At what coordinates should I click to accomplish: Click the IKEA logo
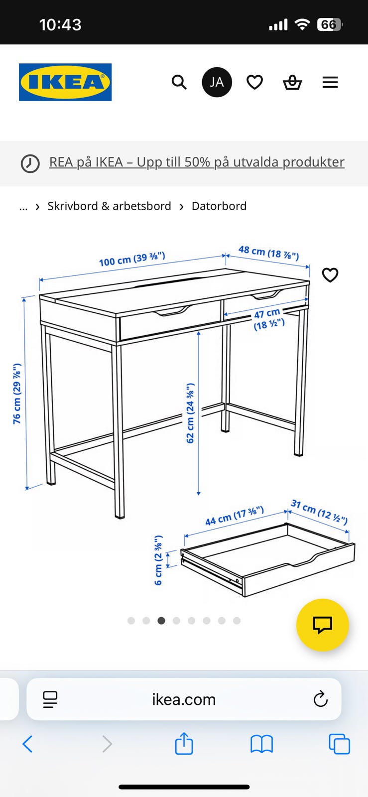[x=65, y=82]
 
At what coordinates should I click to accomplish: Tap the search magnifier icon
[x=179, y=82]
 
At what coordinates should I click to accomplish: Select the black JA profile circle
[x=217, y=82]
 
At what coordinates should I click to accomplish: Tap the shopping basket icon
[x=292, y=82]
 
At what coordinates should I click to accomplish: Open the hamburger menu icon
[x=330, y=82]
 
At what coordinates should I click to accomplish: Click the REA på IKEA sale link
[x=197, y=162]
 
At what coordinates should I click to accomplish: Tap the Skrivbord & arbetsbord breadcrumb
[x=109, y=206]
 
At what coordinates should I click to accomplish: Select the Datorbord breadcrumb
[x=219, y=206]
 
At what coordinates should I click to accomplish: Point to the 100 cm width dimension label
[x=132, y=259]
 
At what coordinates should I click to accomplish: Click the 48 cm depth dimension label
[x=269, y=252]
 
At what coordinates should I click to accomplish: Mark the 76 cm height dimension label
[x=17, y=394]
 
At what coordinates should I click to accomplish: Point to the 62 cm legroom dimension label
[x=190, y=413]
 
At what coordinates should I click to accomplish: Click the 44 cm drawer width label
[x=235, y=516]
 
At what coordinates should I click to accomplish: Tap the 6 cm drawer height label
[x=158, y=560]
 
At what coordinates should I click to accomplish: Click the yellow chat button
[x=323, y=625]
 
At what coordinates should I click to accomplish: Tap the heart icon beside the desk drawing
[x=330, y=274]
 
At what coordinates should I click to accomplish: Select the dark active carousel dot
[x=161, y=621]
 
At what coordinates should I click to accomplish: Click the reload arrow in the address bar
[x=320, y=699]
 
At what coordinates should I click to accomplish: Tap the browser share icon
[x=184, y=743]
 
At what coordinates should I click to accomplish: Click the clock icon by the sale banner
[x=30, y=164]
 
